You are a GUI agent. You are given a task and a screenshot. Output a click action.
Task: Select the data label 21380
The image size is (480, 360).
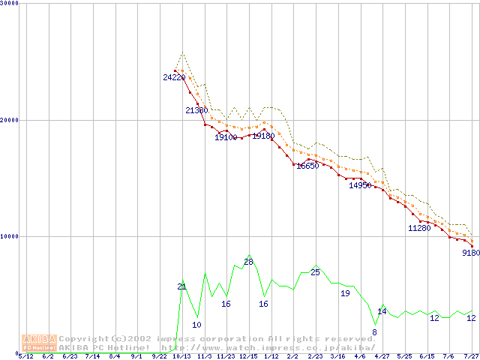(x=196, y=110)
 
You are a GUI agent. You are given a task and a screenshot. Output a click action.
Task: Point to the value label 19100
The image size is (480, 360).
(x=226, y=137)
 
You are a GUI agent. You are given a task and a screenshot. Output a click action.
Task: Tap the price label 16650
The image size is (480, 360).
(x=307, y=166)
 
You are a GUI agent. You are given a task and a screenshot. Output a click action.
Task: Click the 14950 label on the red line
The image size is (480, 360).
(x=360, y=185)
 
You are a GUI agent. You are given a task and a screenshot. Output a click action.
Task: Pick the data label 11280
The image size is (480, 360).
(x=419, y=228)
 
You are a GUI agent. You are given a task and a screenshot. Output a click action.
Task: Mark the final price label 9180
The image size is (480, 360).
(x=471, y=253)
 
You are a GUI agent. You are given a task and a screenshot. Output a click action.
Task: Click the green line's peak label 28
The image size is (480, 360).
(x=248, y=262)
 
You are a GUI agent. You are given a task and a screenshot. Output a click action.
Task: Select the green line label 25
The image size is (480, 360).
(x=315, y=272)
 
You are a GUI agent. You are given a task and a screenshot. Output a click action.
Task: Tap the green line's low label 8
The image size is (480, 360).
(x=374, y=332)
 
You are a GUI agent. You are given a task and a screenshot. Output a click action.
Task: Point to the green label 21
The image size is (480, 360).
(x=181, y=286)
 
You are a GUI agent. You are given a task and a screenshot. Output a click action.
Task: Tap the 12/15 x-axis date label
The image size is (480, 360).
(x=248, y=357)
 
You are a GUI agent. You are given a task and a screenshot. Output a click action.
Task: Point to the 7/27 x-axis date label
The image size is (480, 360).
(x=471, y=357)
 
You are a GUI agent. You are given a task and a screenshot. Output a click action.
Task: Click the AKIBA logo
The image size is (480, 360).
(x=39, y=343)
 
